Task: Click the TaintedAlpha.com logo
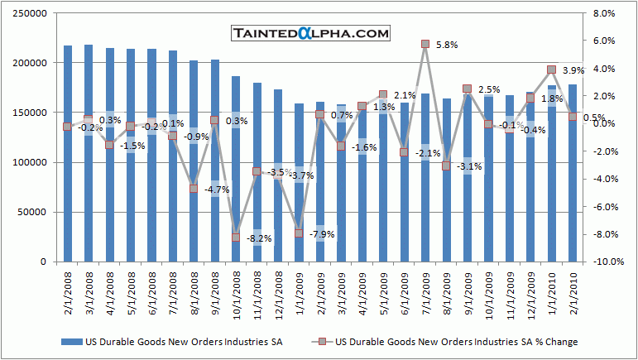[310, 34]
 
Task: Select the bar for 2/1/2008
[67, 154]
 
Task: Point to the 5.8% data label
[446, 45]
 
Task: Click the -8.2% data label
[258, 239]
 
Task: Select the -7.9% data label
[321, 235]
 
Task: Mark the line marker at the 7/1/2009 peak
[425, 44]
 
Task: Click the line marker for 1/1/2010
[551, 70]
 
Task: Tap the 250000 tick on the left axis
[34, 13]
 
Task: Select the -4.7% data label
[216, 190]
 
